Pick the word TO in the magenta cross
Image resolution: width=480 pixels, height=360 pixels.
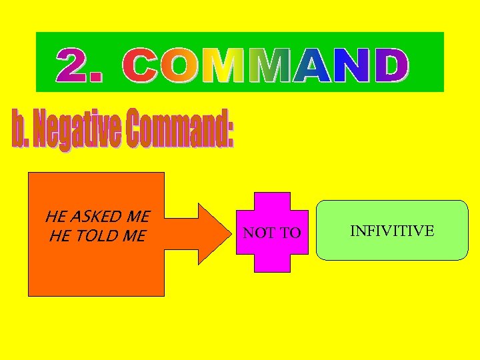pos(289,233)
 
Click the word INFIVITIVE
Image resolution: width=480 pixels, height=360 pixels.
pos(392,231)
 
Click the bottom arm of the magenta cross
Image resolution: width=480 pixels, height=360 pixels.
pos(273,263)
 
